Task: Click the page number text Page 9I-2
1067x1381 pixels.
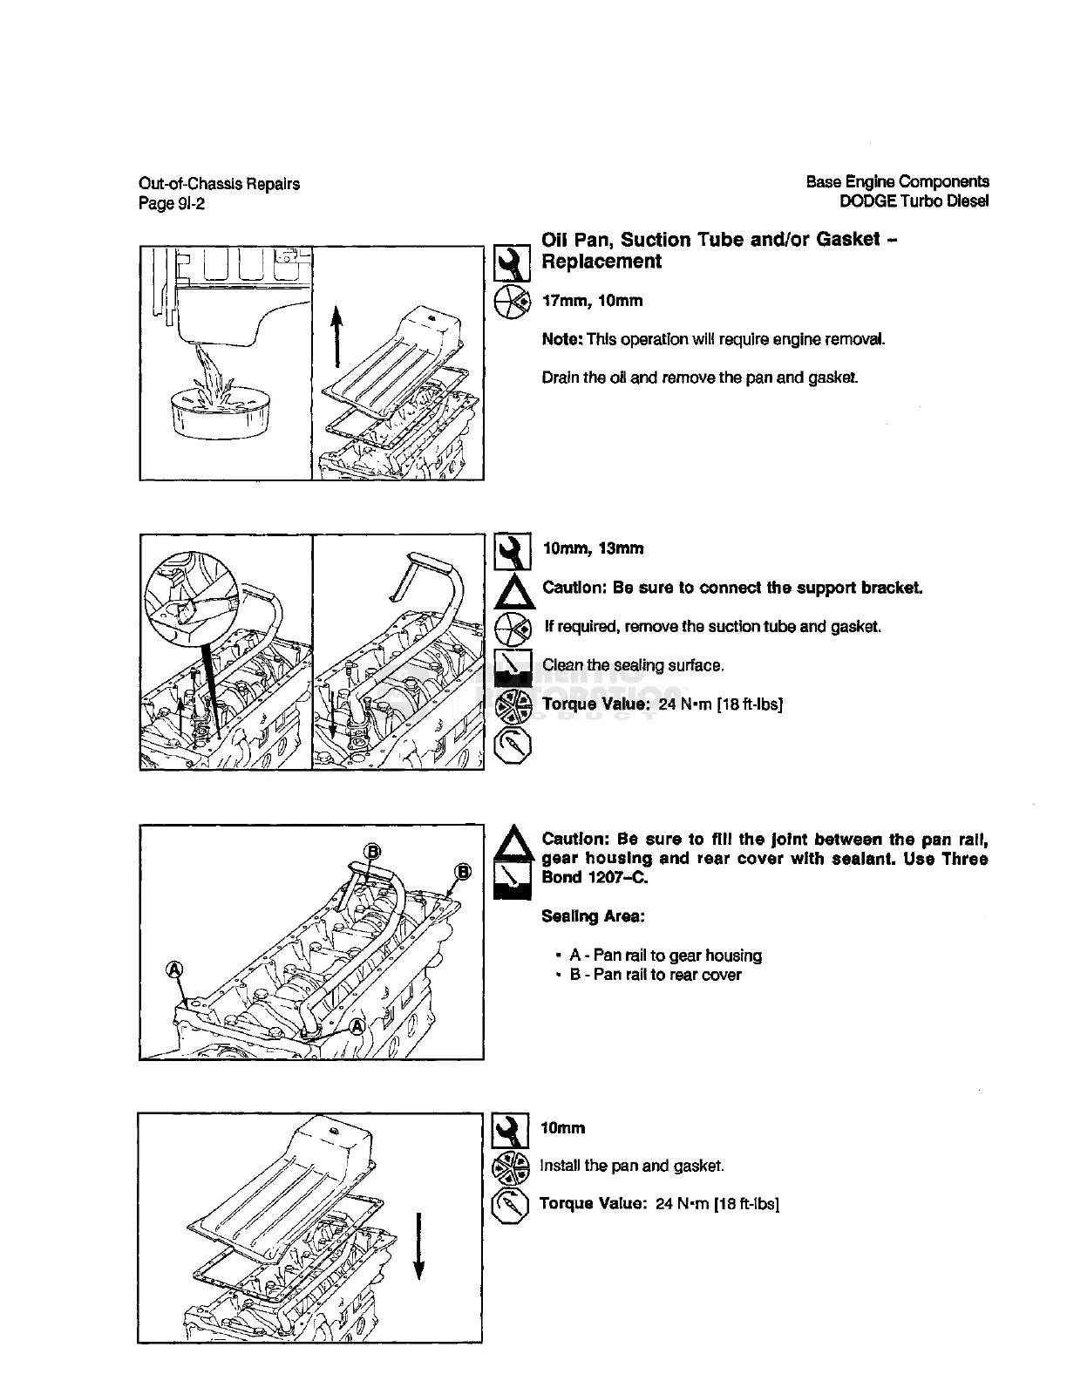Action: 172,204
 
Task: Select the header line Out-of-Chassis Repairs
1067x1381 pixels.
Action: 219,184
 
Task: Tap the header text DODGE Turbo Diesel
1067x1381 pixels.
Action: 914,201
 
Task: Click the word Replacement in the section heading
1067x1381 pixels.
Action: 601,262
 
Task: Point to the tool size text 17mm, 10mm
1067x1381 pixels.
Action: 593,301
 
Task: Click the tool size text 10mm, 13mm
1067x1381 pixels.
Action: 594,548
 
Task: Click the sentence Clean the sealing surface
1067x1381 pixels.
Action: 633,665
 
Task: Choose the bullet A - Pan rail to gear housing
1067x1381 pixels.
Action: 664,956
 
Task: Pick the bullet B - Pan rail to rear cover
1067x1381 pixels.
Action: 655,975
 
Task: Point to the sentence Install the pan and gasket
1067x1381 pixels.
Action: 632,1166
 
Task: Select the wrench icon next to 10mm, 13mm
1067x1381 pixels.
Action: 513,550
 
